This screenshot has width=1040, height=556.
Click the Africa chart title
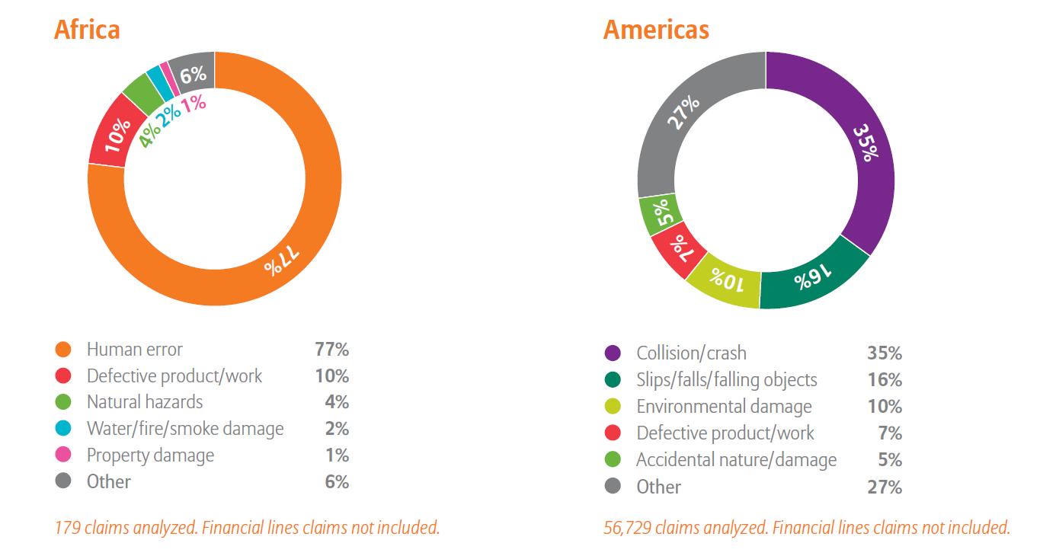(x=87, y=30)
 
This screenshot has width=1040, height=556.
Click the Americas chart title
(x=656, y=30)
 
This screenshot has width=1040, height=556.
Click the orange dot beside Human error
(x=63, y=350)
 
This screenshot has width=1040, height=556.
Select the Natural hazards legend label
(x=145, y=401)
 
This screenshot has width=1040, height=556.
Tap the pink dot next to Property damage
(x=63, y=455)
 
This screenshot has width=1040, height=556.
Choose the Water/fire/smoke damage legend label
(x=185, y=429)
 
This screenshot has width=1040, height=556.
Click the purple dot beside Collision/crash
(x=613, y=353)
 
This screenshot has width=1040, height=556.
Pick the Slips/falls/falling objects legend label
(x=727, y=380)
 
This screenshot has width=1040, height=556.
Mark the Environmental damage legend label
(x=724, y=407)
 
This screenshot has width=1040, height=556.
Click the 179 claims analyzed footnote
(x=247, y=527)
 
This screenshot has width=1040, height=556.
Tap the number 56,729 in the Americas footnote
(x=627, y=527)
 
